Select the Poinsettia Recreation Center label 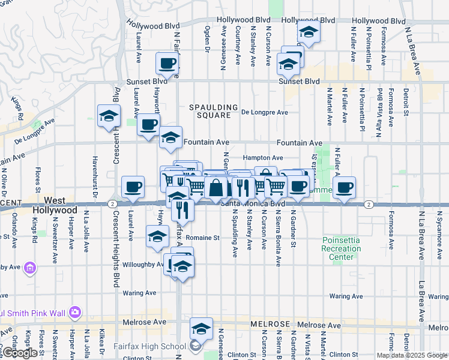click(x=341, y=248)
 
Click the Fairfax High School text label click(x=150, y=346)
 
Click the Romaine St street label click(x=202, y=238)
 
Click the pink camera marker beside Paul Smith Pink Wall click(x=75, y=312)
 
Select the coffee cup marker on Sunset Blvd click(x=167, y=63)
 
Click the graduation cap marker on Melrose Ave click(x=202, y=328)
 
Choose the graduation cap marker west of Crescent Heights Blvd click(x=109, y=115)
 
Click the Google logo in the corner click(x=20, y=353)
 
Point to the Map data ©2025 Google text click(x=412, y=355)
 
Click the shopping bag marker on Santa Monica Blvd click(x=215, y=187)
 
